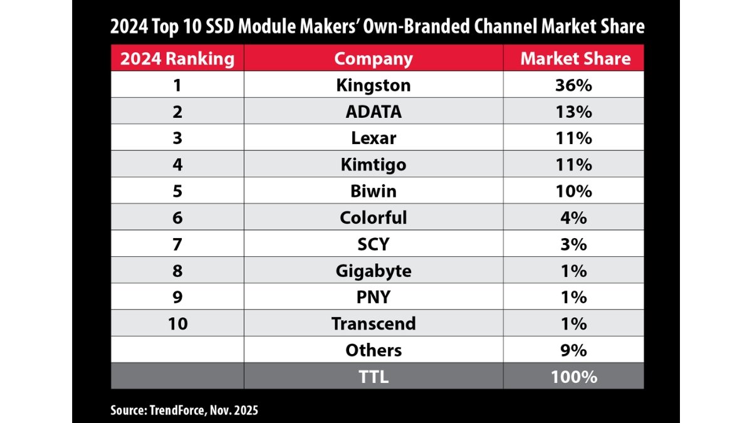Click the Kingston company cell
click(x=373, y=85)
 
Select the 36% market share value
click(x=575, y=85)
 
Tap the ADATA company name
click(x=373, y=112)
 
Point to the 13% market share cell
click(x=575, y=112)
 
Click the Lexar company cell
click(x=373, y=138)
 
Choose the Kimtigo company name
click(x=373, y=165)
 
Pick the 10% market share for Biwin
click(x=575, y=191)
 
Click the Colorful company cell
click(x=373, y=217)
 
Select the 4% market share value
click(x=575, y=217)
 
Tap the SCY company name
click(x=373, y=244)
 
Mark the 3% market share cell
click(x=575, y=244)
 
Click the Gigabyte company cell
click(x=373, y=271)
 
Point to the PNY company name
click(x=373, y=297)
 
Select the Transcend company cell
click(x=373, y=324)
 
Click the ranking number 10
click(x=177, y=324)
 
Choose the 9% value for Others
click(x=575, y=350)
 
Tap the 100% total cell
click(x=575, y=377)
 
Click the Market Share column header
click(x=575, y=59)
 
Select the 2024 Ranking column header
click(x=177, y=59)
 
